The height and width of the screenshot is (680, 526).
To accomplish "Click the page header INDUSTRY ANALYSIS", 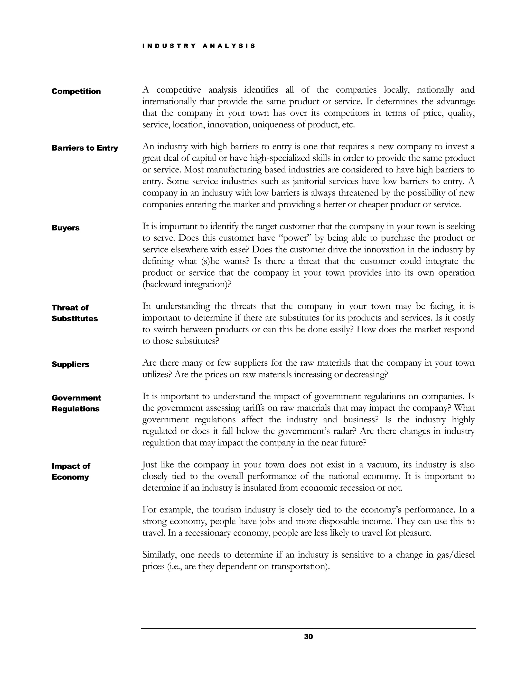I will point(199,46).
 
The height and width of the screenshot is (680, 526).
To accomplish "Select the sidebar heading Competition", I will point(76,91).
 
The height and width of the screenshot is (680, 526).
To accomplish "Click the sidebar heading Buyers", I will point(65,228).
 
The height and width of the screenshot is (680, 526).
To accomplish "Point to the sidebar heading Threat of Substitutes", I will point(74,313).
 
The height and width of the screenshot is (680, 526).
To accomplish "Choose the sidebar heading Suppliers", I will point(70,364).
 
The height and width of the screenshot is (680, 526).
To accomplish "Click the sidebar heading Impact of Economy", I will point(71,471).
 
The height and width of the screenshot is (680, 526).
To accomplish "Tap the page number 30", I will point(308,637).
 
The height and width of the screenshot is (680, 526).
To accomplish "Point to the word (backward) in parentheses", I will point(162,284).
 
